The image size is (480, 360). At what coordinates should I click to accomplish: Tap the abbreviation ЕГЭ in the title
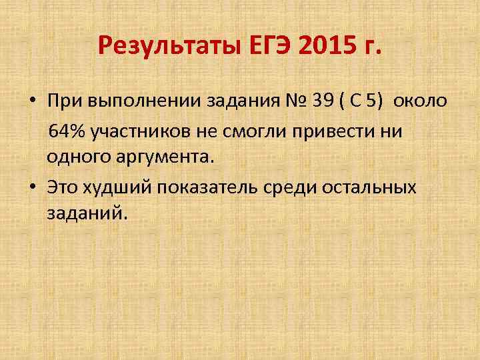[x=273, y=47]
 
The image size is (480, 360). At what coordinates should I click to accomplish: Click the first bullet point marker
[x=32, y=101]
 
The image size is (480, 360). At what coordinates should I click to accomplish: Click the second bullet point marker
[x=32, y=187]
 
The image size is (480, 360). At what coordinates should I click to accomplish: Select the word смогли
[x=253, y=130]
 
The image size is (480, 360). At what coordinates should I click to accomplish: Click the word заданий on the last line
[x=85, y=215]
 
